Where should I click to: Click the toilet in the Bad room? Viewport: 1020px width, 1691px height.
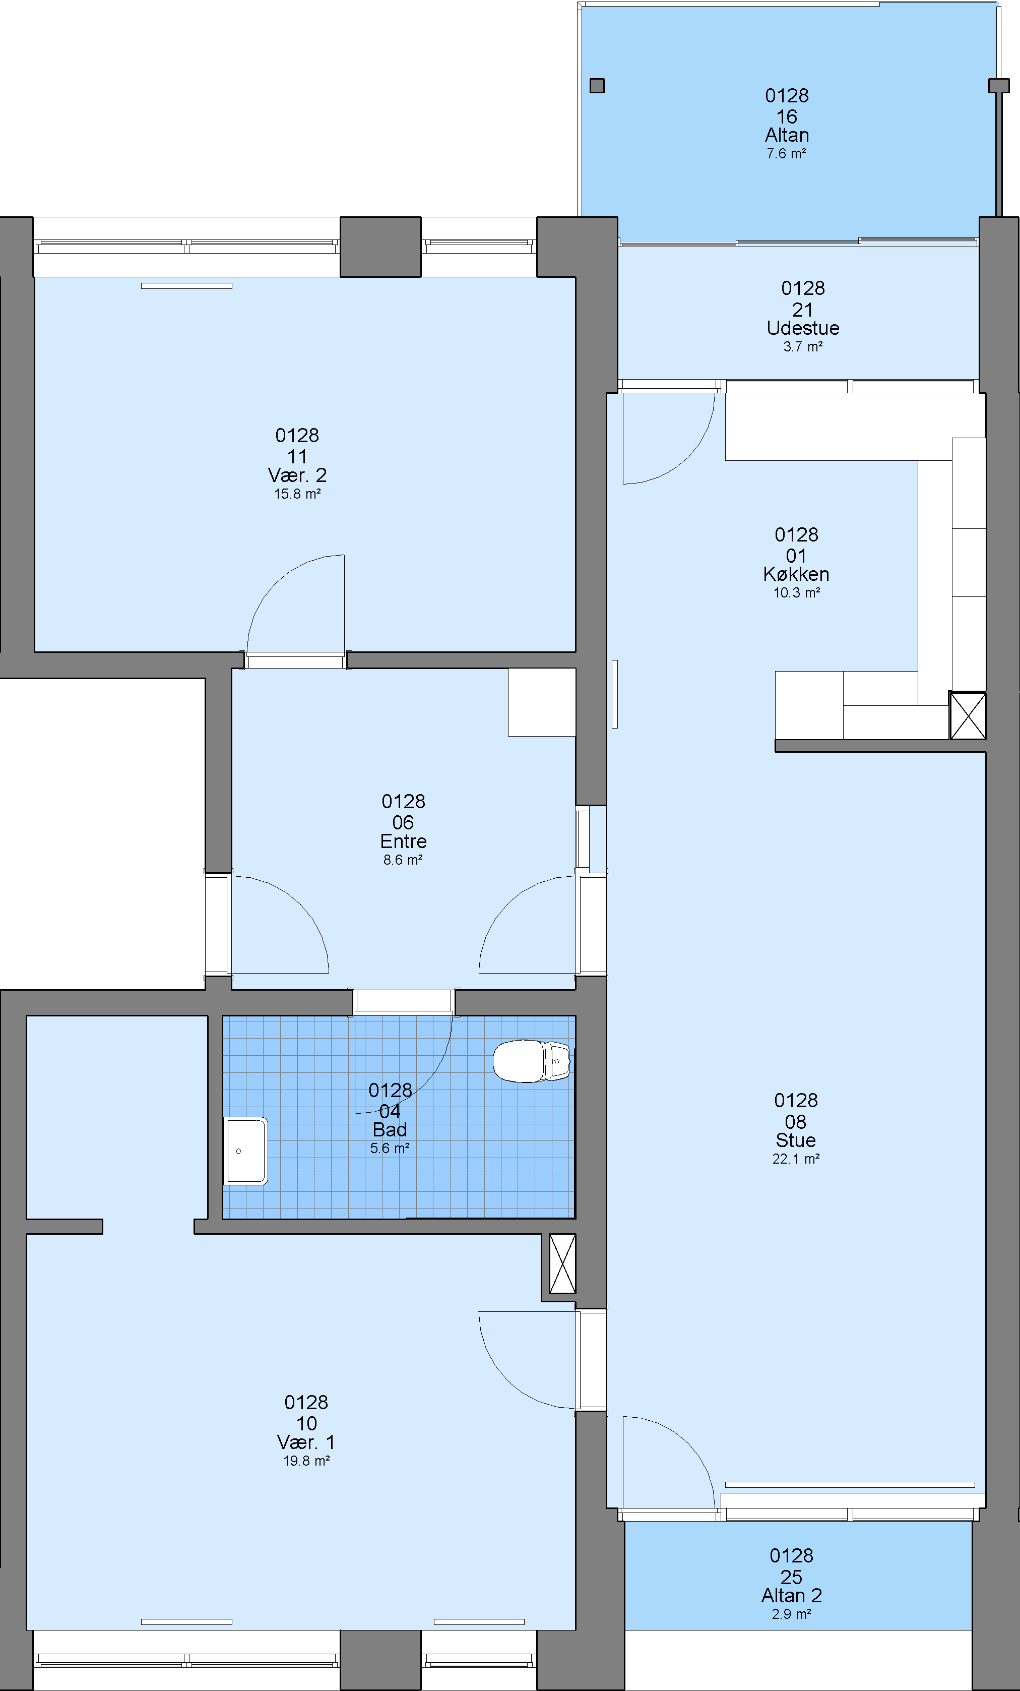531,1061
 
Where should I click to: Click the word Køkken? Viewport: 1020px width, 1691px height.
796,574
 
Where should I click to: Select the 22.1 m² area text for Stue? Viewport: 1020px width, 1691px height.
796,1159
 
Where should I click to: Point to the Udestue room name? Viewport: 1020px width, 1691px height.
803,328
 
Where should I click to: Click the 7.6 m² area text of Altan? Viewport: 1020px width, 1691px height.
786,154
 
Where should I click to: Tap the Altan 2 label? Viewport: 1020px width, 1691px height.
792,1596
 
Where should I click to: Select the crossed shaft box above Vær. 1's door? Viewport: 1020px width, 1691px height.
562,1263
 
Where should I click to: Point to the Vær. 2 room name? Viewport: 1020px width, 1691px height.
297,475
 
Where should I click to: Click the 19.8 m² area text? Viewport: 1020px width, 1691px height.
306,1461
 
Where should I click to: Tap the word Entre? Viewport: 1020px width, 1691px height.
403,841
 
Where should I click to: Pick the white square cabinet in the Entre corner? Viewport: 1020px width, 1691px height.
542,702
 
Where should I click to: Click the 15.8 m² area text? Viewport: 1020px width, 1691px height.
298,494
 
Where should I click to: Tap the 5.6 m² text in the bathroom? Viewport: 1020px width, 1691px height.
390,1148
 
